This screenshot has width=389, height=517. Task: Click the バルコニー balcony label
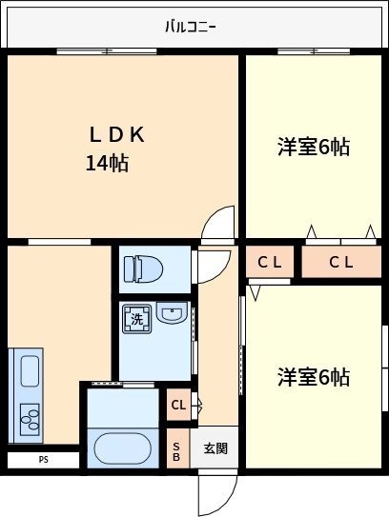click(x=190, y=26)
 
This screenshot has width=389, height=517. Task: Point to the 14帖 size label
click(x=107, y=164)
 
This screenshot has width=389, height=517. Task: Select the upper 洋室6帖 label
click(x=313, y=147)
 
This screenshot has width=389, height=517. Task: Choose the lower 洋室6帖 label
click(x=313, y=377)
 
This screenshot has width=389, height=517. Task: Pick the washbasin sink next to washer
click(x=172, y=314)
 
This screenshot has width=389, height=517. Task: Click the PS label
click(x=43, y=460)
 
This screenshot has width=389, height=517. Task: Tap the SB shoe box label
click(x=176, y=450)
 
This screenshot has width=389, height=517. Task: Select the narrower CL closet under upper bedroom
click(x=270, y=263)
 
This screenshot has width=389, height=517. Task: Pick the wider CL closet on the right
click(x=340, y=263)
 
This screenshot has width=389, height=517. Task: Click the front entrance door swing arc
click(x=215, y=492)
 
